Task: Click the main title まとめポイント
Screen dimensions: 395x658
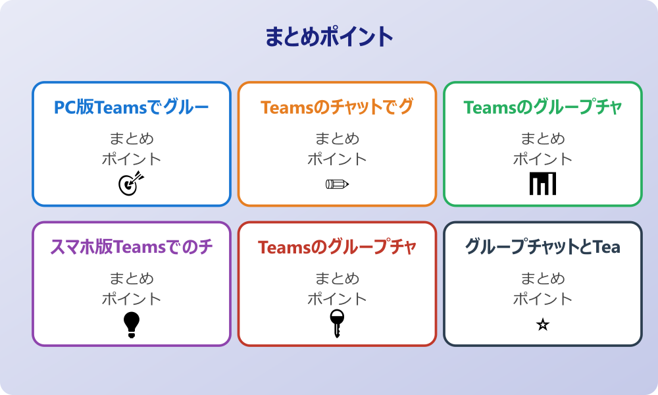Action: (x=329, y=37)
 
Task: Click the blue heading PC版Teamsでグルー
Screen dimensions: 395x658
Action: (x=132, y=107)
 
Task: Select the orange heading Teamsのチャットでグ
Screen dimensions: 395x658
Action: (x=337, y=107)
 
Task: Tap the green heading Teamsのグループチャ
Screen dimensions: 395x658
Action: (x=543, y=107)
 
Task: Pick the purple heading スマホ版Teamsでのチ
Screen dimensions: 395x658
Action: (x=132, y=247)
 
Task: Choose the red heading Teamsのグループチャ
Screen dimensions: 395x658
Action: (x=337, y=247)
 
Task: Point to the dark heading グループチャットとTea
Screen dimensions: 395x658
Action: (x=543, y=247)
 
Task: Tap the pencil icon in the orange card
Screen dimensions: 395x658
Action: (x=337, y=184)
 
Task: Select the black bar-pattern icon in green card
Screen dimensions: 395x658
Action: (x=543, y=184)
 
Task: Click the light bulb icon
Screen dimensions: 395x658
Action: (x=132, y=325)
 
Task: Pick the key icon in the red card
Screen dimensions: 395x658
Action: (x=337, y=323)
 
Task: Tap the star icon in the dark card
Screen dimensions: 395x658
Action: (x=543, y=325)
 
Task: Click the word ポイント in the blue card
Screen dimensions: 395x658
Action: (x=132, y=159)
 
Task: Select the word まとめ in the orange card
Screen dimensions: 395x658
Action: (x=337, y=139)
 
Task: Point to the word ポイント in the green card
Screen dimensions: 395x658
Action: (x=543, y=159)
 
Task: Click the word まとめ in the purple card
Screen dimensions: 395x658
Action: (x=132, y=278)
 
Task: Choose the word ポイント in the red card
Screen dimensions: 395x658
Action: (x=337, y=298)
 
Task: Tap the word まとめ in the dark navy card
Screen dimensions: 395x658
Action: (x=543, y=278)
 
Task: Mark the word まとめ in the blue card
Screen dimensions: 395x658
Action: (x=132, y=139)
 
